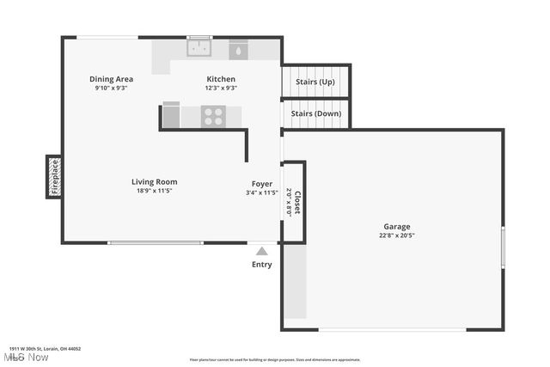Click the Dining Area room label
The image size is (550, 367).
tap(112, 79)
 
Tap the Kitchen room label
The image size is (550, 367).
tap(221, 79)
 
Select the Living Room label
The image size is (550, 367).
tap(155, 181)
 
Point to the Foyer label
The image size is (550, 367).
tap(262, 184)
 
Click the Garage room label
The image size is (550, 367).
tap(397, 227)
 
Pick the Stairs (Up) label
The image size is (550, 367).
tap(315, 82)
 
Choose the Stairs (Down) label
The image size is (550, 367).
tap(316, 113)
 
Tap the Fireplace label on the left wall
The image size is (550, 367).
tap(54, 177)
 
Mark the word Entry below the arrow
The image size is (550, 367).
tap(262, 265)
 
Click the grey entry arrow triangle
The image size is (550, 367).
tap(262, 250)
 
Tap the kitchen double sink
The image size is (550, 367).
tap(200, 48)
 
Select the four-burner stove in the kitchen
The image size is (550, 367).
tap(213, 116)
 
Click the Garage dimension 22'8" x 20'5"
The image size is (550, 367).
tap(397, 235)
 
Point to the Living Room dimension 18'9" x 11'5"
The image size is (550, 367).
tap(155, 191)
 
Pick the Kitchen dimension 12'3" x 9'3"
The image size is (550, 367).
tap(221, 88)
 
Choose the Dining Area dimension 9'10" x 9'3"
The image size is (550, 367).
tap(112, 88)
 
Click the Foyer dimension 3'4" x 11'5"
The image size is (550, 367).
tap(262, 193)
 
